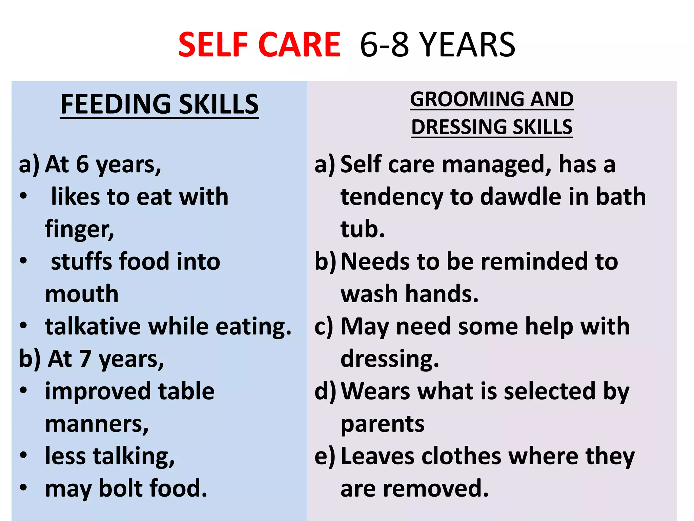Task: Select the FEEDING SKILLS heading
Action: pyautogui.click(x=159, y=104)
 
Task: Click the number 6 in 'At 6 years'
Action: pyautogui.click(x=82, y=165)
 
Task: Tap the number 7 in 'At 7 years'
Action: pyautogui.click(x=85, y=359)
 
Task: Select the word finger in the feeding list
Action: pyautogui.click(x=79, y=230)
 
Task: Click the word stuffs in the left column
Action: pyautogui.click(x=80, y=262)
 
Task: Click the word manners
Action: pyautogui.click(x=97, y=424)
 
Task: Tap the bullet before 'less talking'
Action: pyautogui.click(x=23, y=455)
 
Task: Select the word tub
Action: pyautogui.click(x=362, y=229)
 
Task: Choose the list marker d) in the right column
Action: pyautogui.click(x=325, y=391)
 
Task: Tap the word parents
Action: pyautogui.click(x=382, y=424)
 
